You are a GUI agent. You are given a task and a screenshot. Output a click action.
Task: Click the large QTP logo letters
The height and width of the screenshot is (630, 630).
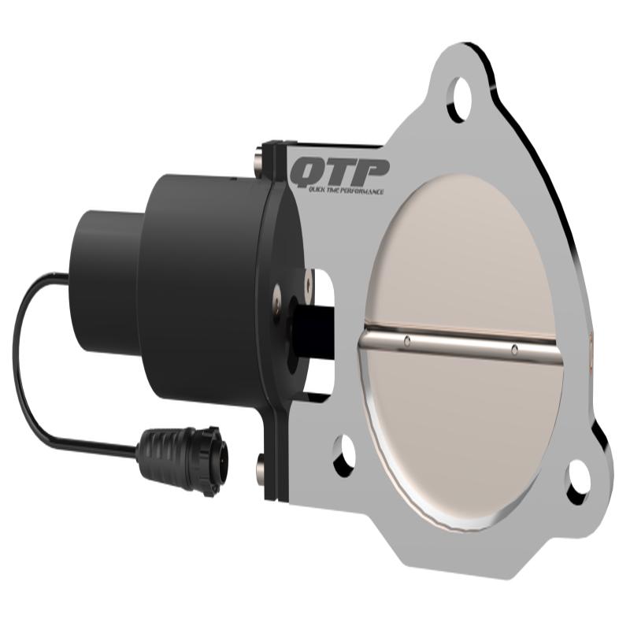[x=339, y=171]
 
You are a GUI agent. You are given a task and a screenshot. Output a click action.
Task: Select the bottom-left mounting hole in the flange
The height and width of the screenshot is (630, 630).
[x=344, y=456]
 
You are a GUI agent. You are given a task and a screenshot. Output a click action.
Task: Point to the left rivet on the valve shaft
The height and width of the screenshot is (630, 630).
[x=406, y=340]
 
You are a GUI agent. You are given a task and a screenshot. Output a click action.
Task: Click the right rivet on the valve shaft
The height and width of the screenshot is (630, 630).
[x=513, y=348]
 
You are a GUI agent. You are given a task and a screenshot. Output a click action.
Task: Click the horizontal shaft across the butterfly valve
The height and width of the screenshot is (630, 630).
[x=461, y=345]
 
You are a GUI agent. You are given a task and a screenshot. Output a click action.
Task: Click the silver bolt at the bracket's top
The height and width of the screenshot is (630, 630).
[x=261, y=162]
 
